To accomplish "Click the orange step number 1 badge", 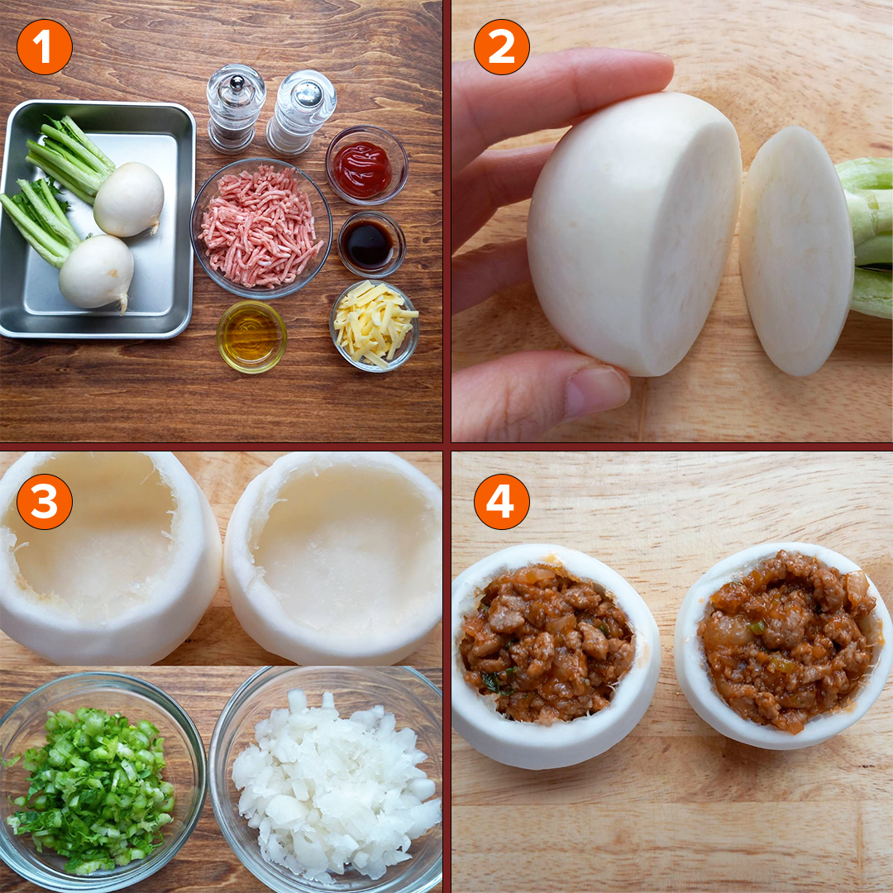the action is point(45,47).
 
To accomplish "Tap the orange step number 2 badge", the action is point(502,47).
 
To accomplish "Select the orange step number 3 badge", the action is point(45,502).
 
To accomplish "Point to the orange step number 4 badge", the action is point(502,502).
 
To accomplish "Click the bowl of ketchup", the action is point(367,165).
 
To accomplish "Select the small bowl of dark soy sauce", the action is point(371,245).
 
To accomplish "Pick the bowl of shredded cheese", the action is point(375,326).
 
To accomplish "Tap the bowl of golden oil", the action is point(251,337).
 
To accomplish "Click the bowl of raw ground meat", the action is point(260,228).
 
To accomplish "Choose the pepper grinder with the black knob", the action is point(236,108).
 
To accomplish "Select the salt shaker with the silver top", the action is point(301,112).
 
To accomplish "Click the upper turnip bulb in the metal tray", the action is point(129,198).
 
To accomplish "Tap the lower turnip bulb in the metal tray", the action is point(97,272).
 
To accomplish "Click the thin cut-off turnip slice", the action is point(796,251).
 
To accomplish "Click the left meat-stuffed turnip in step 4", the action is point(556,656).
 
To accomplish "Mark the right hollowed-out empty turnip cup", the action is point(333,558).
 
